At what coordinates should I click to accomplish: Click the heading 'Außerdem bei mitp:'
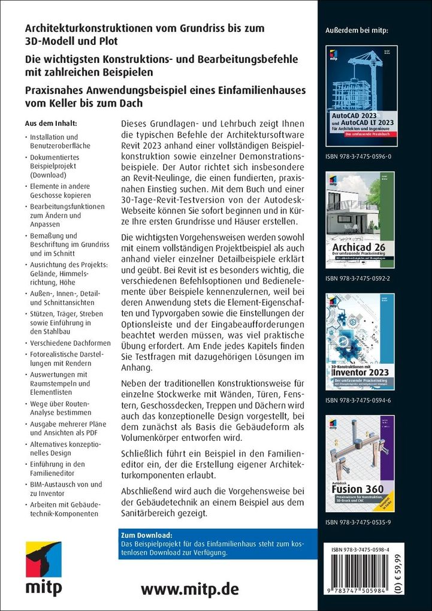356,30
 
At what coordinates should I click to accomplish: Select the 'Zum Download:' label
146,534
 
